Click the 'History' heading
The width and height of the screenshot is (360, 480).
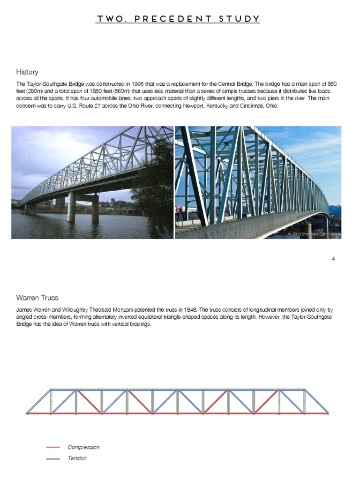click(27, 72)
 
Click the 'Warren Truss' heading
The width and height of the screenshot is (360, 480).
click(37, 298)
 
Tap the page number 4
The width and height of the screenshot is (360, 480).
click(333, 258)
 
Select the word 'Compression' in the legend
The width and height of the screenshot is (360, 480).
click(83, 447)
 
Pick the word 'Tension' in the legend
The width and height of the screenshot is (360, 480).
click(77, 458)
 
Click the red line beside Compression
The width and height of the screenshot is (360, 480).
click(53, 447)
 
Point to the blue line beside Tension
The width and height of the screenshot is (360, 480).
click(53, 458)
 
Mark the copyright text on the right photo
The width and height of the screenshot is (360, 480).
click(314, 233)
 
